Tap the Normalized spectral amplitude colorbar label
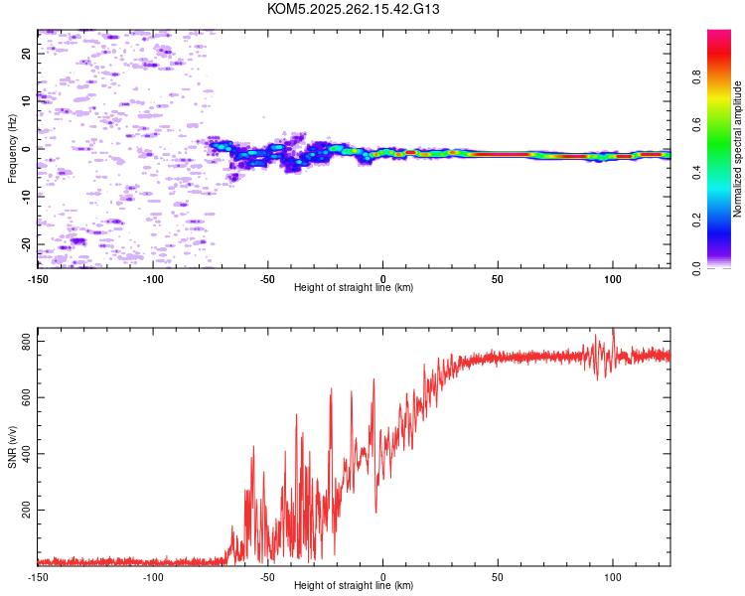pos(738,149)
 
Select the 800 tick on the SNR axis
pos(24,342)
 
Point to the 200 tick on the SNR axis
pos(24,510)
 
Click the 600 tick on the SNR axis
pos(24,397)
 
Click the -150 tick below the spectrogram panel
pos(38,279)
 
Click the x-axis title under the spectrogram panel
pos(354,288)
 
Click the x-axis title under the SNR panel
pos(354,586)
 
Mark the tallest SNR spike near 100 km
pos(613,330)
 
